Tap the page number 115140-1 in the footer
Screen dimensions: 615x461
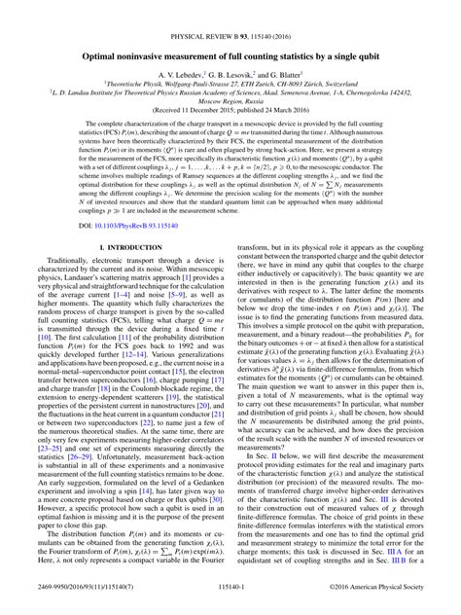coord(230,603)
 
